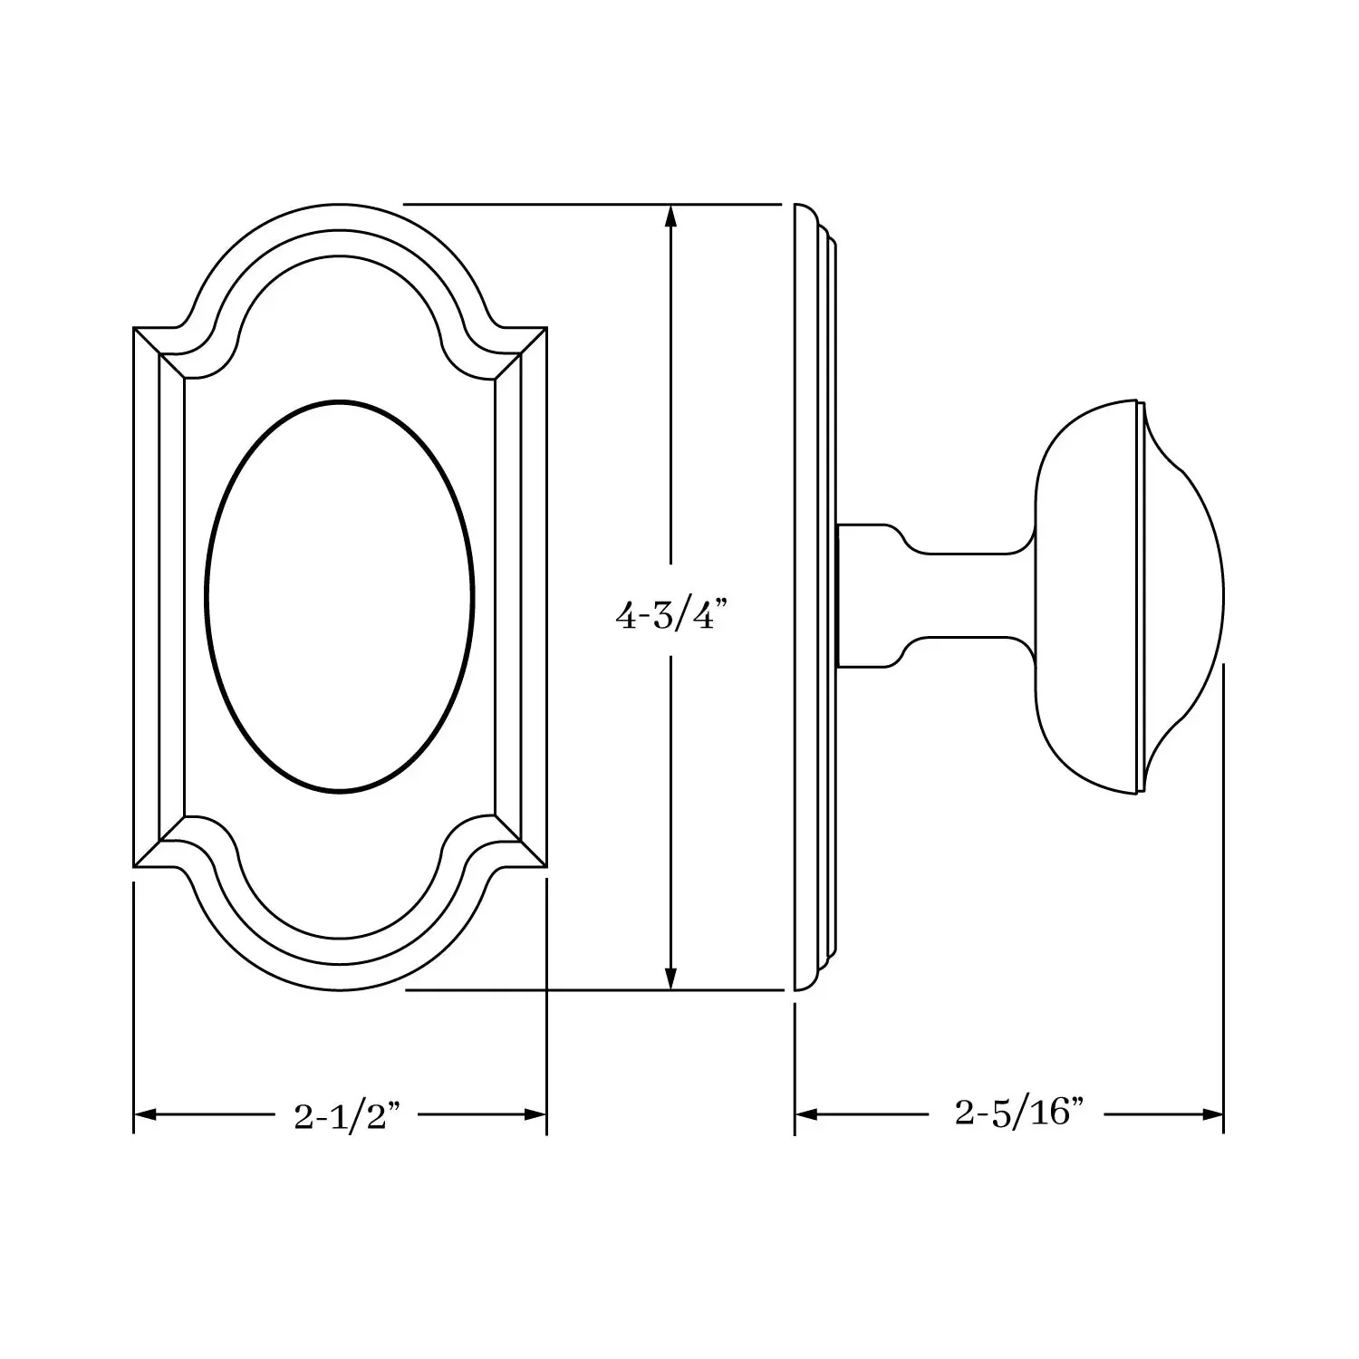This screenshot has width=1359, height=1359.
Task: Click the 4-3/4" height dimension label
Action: tap(671, 617)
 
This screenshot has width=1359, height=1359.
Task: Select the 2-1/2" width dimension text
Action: tap(347, 1115)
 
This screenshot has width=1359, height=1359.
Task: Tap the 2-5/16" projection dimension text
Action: tap(1019, 1113)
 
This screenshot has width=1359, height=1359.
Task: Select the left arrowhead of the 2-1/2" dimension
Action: tap(146, 1114)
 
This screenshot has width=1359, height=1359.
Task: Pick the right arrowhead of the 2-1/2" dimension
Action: tap(535, 1114)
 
